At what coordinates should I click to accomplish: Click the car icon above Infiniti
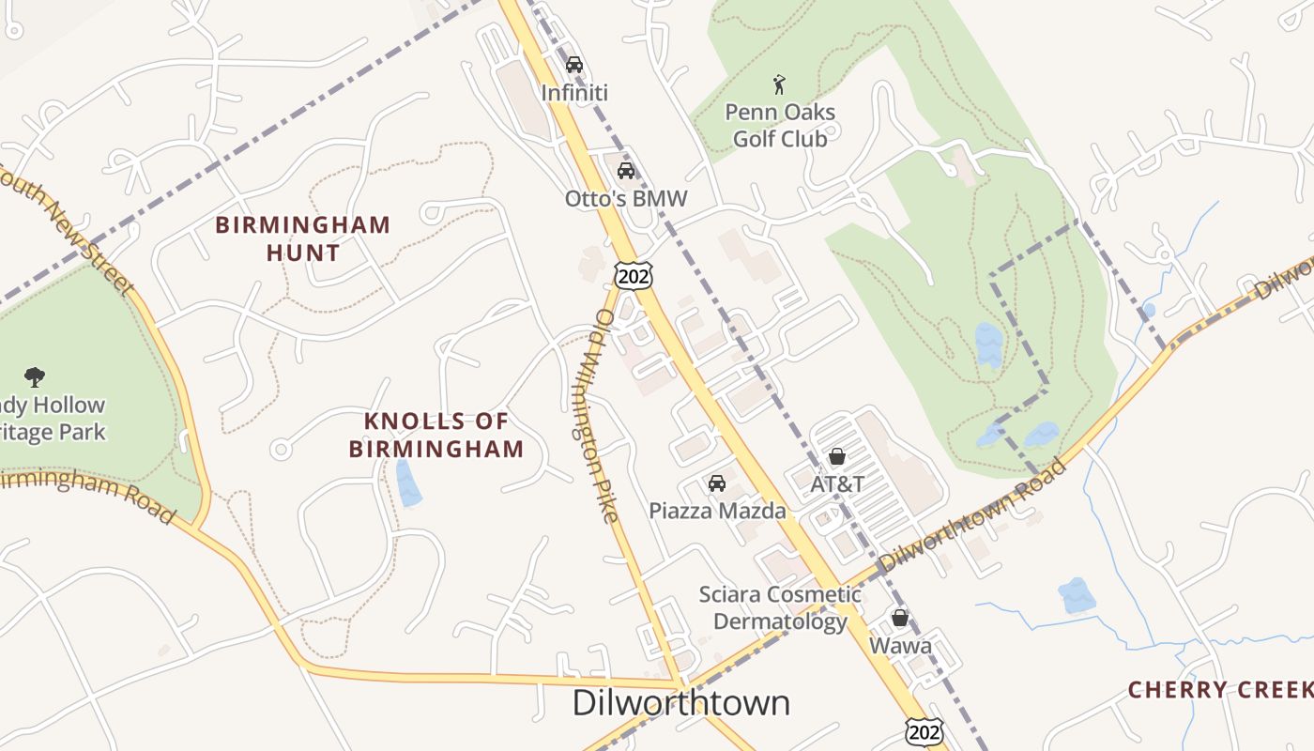coord(574,65)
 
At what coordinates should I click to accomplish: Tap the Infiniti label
coord(574,93)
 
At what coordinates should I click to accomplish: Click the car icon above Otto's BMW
coord(626,171)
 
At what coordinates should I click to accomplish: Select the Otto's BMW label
coord(626,199)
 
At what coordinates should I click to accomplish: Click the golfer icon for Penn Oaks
coord(779,85)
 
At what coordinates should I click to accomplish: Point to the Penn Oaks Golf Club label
coord(779,126)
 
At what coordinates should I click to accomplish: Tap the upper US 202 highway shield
coord(634,275)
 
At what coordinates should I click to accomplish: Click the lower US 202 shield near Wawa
coord(924,731)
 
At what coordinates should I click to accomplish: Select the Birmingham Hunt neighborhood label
coord(302,238)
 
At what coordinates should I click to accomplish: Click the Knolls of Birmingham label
coord(436,435)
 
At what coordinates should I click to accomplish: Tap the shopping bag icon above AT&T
coord(837,456)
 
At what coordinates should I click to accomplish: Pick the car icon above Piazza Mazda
coord(717,483)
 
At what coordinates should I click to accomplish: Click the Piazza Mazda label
coord(717,512)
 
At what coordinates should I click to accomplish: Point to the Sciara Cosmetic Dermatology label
coord(780,607)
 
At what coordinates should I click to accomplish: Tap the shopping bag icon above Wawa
coord(900,618)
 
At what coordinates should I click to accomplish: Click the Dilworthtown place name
coord(681,702)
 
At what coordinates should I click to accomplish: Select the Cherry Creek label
coord(1220,690)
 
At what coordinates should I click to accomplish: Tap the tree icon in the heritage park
coord(36,377)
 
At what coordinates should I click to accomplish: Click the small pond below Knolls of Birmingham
coord(408,483)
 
